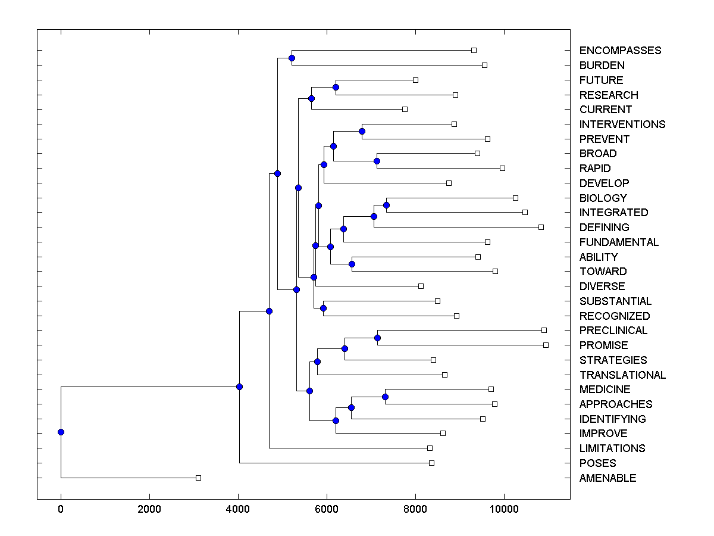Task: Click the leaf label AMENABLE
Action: pyautogui.click(x=607, y=478)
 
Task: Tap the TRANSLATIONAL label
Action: pyautogui.click(x=622, y=375)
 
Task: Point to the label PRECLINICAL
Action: pyautogui.click(x=613, y=331)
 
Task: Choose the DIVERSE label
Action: pyautogui.click(x=602, y=286)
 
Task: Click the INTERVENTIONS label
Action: pyautogui.click(x=622, y=124)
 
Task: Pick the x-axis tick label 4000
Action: pyautogui.click(x=238, y=510)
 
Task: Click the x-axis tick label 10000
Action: pyautogui.click(x=504, y=510)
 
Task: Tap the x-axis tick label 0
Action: pyautogui.click(x=61, y=510)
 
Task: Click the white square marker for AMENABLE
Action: pyautogui.click(x=199, y=478)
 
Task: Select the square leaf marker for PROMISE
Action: pyautogui.click(x=546, y=345)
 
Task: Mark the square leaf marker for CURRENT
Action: pyautogui.click(x=405, y=109)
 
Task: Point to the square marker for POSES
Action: pyautogui.click(x=431, y=463)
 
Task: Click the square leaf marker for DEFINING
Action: pyautogui.click(x=541, y=227)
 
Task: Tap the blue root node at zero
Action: pyautogui.click(x=61, y=432)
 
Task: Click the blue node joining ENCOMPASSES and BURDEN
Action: pyautogui.click(x=292, y=58)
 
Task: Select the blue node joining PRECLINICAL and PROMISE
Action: pyautogui.click(x=377, y=338)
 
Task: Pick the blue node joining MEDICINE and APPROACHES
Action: pyautogui.click(x=385, y=397)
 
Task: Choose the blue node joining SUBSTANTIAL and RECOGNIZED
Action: pyautogui.click(x=323, y=308)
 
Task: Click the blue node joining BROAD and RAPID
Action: pyautogui.click(x=377, y=161)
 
